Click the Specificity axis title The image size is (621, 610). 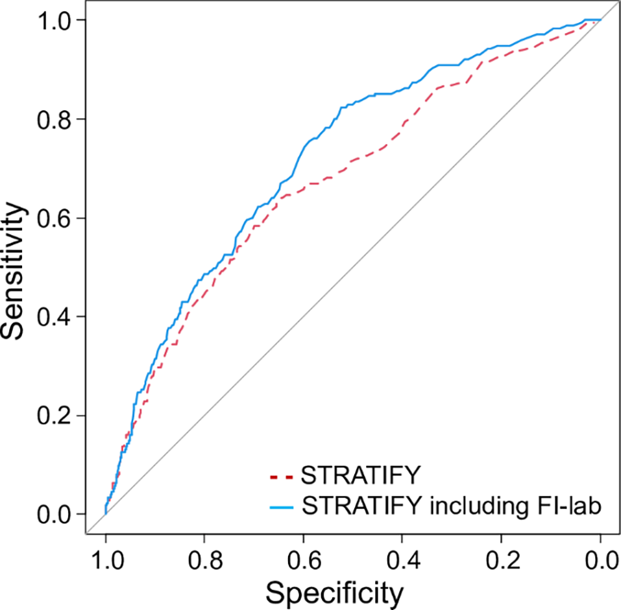coord(335,592)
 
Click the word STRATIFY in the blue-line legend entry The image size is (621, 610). coord(361,506)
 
